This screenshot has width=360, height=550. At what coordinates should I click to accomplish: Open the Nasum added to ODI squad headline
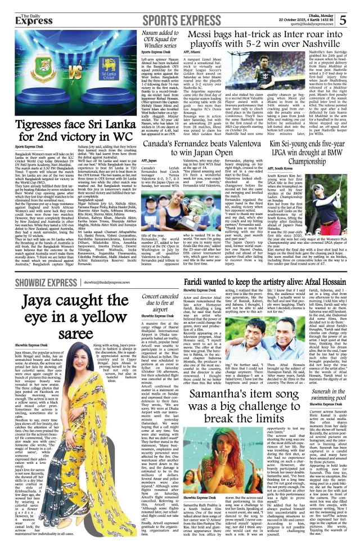click(163, 41)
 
